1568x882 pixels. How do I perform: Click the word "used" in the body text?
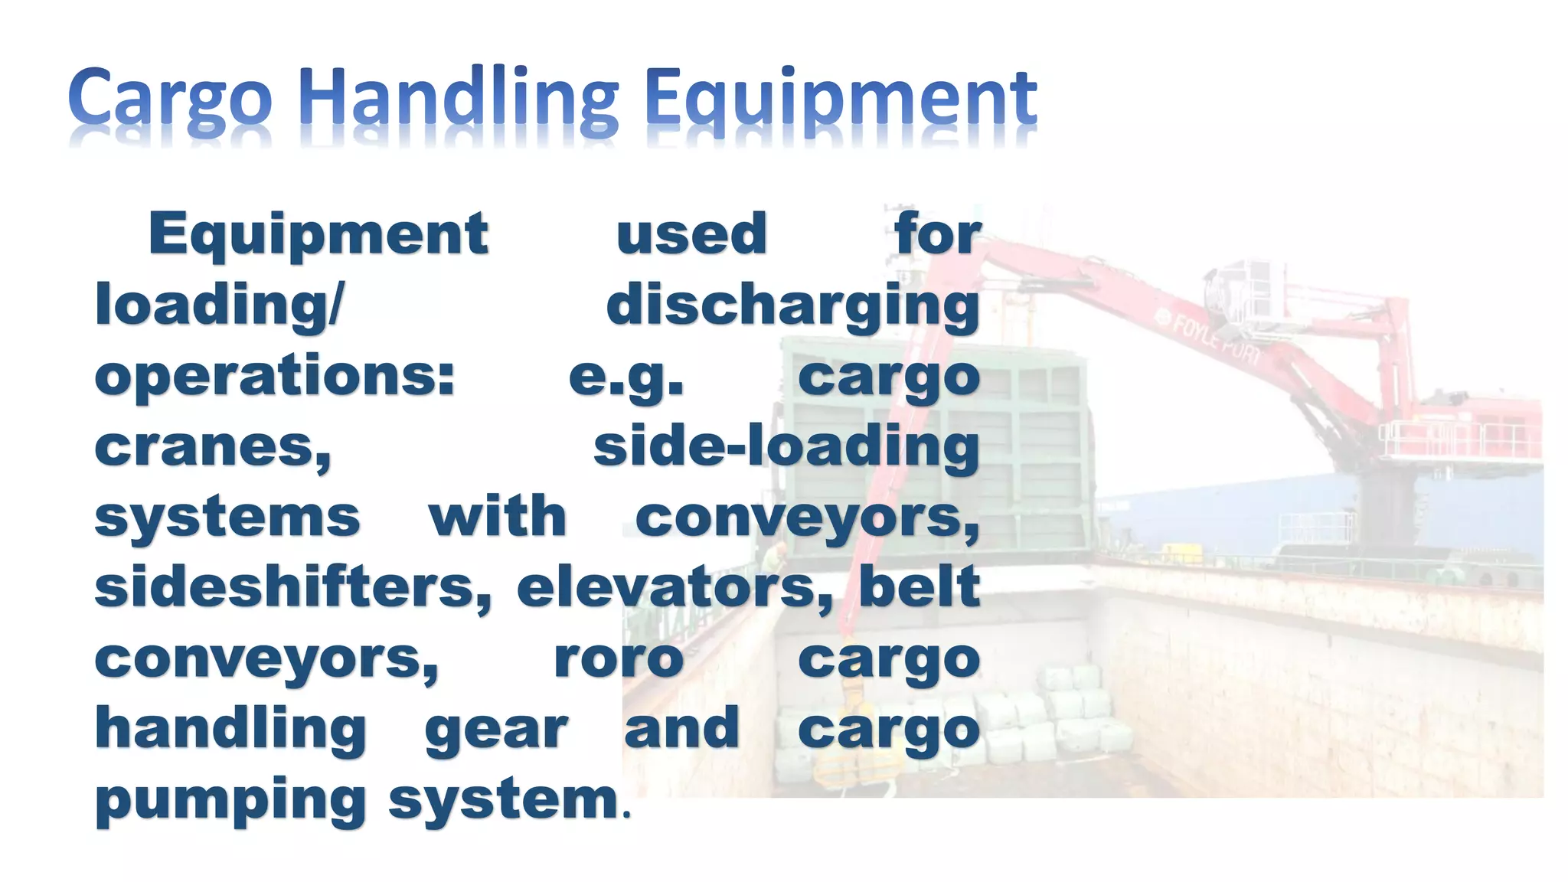691,234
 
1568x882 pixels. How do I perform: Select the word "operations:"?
275,377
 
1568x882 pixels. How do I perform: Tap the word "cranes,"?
213,447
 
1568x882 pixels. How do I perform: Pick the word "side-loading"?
786,446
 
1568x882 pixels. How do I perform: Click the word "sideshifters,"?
293,588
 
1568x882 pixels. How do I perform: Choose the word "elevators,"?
675,588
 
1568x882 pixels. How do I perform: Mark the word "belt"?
919,586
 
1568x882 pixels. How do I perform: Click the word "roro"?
619,658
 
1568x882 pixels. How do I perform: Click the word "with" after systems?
498,517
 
